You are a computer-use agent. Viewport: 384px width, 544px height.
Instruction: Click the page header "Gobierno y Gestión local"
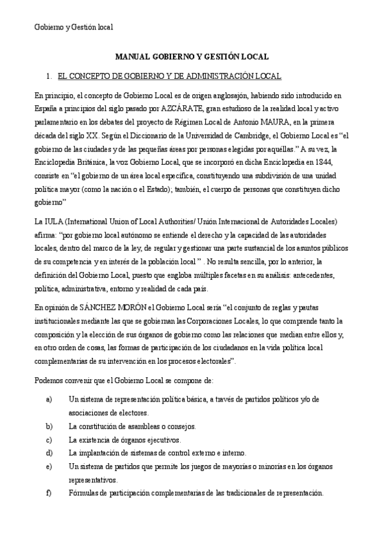point(73,27)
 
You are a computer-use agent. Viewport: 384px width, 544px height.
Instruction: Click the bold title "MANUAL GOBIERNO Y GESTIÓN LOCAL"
point(192,56)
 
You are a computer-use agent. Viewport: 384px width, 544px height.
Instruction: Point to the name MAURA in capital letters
point(253,122)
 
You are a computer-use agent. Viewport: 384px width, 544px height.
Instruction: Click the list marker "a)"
point(49,399)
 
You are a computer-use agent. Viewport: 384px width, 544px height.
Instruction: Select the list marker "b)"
point(49,426)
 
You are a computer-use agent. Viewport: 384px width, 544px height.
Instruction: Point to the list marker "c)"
point(49,439)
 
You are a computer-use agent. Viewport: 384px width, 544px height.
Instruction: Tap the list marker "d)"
point(49,453)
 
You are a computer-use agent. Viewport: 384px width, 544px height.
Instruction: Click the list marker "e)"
point(49,466)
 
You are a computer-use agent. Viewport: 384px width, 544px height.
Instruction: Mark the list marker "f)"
point(49,493)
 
